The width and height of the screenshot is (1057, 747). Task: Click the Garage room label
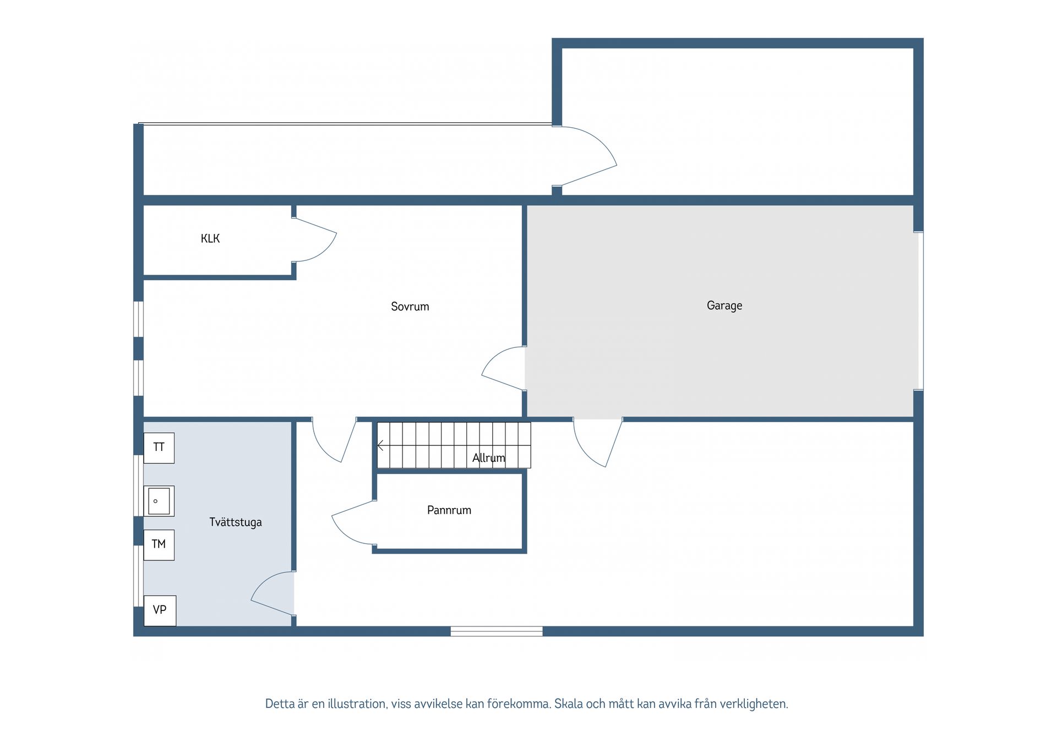click(x=724, y=306)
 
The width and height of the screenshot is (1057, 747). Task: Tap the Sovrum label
click(x=410, y=307)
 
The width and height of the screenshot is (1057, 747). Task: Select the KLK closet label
click(x=210, y=238)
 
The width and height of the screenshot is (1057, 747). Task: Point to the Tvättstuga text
click(x=236, y=522)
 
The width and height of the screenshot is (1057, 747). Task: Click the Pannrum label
click(x=449, y=510)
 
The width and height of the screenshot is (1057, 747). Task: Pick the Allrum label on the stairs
click(x=489, y=457)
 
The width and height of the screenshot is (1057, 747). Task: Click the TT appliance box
click(x=159, y=448)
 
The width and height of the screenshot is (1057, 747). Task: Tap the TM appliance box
click(x=159, y=545)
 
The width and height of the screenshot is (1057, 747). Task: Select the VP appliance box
click(x=160, y=610)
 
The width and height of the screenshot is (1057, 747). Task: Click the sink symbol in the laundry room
click(x=159, y=501)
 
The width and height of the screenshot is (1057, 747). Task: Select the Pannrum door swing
click(x=353, y=522)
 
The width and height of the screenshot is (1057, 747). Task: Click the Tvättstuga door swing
click(x=273, y=593)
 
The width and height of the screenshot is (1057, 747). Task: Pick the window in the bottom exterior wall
click(x=497, y=631)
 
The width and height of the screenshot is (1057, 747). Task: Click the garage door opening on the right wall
click(x=919, y=311)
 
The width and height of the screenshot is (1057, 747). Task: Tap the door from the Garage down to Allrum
click(x=598, y=443)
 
